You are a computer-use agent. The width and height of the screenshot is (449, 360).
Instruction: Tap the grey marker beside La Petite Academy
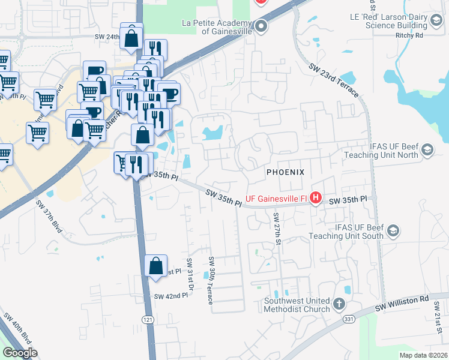[x=261, y=26]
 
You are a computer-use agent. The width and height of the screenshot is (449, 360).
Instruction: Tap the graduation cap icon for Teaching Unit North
[x=427, y=149]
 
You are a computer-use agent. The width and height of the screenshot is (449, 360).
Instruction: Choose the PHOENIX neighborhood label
[x=286, y=172]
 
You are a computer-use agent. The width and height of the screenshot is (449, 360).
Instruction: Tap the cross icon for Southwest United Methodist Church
[x=339, y=304]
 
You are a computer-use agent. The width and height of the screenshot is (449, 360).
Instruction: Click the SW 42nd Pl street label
[x=170, y=296]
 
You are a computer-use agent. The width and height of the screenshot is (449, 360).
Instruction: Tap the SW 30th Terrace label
[x=211, y=280]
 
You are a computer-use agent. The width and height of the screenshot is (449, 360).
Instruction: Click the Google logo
[x=20, y=353]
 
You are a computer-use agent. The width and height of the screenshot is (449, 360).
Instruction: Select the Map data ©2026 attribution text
[x=423, y=355]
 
